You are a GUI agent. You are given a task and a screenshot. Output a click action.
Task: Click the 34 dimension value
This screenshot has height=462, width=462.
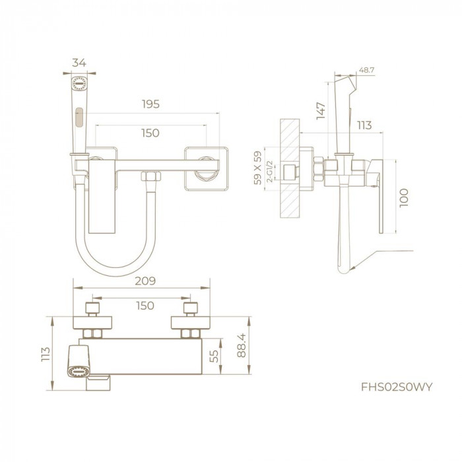79,63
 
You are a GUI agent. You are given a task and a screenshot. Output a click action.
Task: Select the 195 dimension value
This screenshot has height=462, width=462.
150,104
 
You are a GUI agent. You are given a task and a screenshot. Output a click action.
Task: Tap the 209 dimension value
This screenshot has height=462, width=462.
145,281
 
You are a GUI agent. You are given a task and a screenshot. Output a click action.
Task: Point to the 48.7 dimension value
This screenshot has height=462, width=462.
366,70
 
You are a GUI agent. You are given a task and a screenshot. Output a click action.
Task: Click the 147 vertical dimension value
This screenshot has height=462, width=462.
321,111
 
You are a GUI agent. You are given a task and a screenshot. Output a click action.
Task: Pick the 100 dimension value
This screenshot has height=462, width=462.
404,198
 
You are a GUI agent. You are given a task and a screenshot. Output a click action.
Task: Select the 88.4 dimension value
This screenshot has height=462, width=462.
242,345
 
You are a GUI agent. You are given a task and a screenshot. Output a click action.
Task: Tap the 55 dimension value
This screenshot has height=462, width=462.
214,356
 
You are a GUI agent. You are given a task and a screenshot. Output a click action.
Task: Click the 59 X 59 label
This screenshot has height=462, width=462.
257,168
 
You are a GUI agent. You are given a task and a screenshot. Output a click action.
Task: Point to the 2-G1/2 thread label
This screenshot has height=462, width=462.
270,172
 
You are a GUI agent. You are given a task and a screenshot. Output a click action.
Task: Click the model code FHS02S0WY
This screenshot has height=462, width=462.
397,387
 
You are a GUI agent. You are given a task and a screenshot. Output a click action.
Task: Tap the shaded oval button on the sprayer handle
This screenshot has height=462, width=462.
79,117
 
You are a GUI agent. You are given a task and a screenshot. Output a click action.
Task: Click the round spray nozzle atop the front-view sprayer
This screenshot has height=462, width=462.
79,83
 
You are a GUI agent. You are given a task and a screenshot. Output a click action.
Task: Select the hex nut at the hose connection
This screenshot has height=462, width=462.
151,176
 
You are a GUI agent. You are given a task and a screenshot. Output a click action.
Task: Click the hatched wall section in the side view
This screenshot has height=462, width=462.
290,168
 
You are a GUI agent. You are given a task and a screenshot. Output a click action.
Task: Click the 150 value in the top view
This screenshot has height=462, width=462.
145,306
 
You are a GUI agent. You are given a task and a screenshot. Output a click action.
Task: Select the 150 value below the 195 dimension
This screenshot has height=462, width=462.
150,133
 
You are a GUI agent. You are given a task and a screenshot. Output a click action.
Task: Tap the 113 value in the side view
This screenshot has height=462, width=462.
364,125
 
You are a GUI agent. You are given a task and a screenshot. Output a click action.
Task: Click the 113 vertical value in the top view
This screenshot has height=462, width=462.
46,354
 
